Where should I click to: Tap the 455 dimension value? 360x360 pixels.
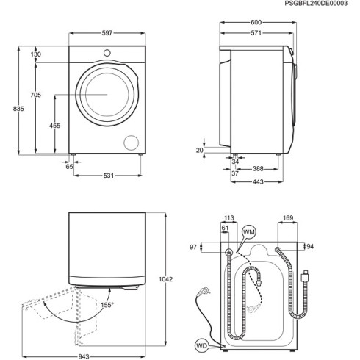(x=54, y=125)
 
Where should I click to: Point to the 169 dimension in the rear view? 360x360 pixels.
(x=288, y=217)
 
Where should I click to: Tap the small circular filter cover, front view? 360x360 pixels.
(x=132, y=142)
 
